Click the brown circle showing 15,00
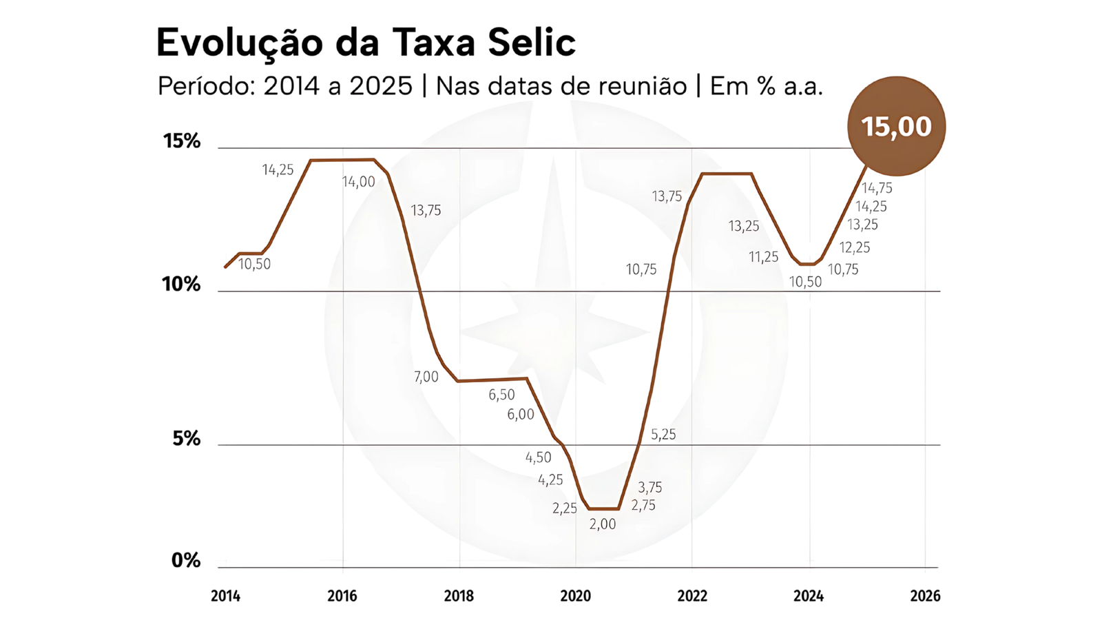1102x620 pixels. tap(896, 126)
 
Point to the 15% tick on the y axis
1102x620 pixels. tap(182, 141)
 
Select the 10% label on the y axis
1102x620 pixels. tap(181, 284)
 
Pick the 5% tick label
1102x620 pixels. tap(186, 438)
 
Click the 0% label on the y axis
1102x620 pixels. tap(186, 560)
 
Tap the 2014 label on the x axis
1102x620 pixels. tap(225, 596)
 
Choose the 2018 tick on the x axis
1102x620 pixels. tap(459, 596)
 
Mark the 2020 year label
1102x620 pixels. tap(575, 596)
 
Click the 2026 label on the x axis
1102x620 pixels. tap(925, 596)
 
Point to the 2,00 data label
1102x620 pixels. tap(603, 524)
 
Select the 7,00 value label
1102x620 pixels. tap(426, 377)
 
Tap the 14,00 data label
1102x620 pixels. tap(359, 182)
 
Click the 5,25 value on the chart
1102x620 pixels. tap(663, 435)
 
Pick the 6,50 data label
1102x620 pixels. tap(501, 395)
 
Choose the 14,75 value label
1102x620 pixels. tap(877, 188)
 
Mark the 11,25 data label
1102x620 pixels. tap(764, 257)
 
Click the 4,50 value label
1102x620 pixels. tap(538, 457)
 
